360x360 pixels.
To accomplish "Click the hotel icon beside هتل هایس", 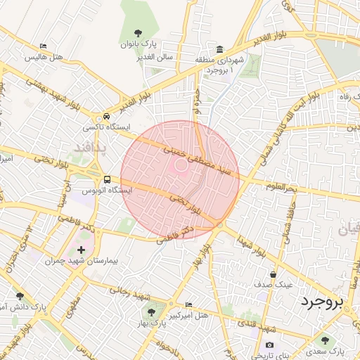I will click(x=44, y=46).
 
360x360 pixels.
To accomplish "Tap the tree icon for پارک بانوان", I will click(x=138, y=33).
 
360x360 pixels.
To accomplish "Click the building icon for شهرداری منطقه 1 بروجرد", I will click(x=220, y=49).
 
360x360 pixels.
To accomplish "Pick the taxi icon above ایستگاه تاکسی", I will click(x=106, y=116).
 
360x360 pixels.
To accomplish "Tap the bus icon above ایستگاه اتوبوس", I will click(x=107, y=179).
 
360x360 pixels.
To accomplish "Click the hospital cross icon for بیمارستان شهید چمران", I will click(x=82, y=250).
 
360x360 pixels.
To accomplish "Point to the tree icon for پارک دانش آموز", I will click(x=19, y=296).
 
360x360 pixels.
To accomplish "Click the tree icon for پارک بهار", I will click(x=150, y=312).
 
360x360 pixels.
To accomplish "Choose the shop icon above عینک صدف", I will click(x=273, y=274).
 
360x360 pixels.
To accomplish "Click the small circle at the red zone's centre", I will click(x=180, y=166).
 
